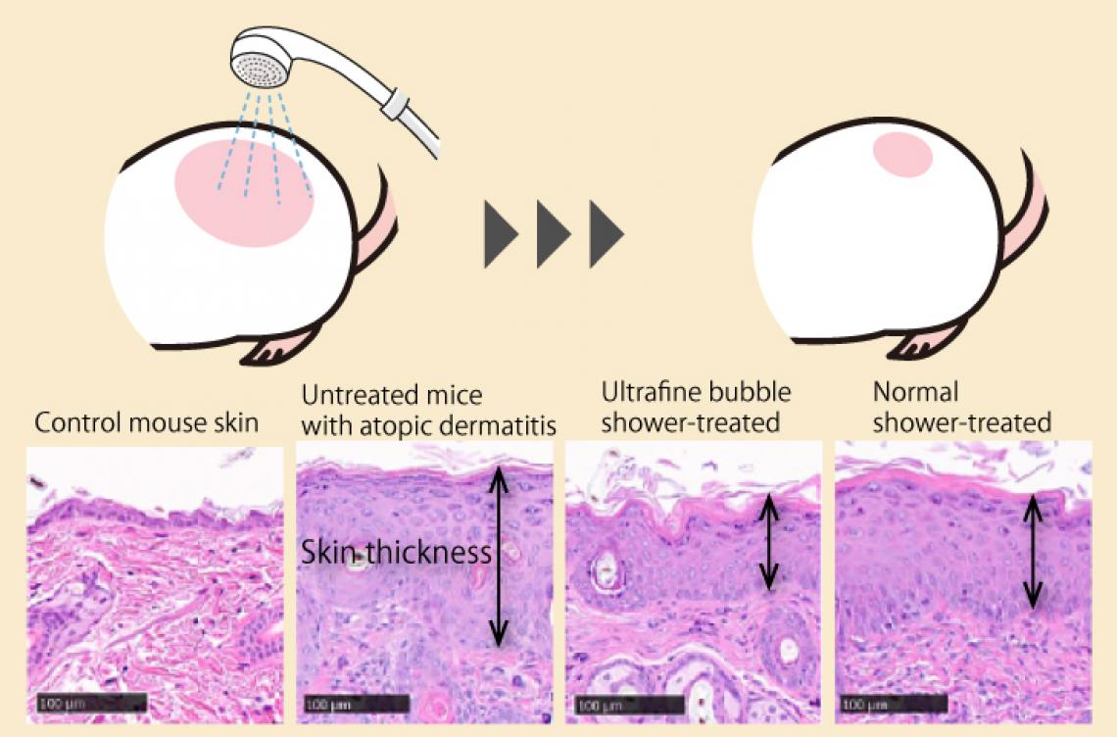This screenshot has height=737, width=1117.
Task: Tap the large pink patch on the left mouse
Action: click(244, 193)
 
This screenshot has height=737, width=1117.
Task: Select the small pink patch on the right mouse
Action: click(902, 155)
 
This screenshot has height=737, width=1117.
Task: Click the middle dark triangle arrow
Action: click(554, 234)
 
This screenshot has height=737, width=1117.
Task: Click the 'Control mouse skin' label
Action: click(146, 422)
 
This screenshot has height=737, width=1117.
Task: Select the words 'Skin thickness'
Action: click(396, 552)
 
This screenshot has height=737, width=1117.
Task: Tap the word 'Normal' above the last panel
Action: click(915, 392)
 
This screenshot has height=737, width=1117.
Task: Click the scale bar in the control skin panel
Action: click(91, 704)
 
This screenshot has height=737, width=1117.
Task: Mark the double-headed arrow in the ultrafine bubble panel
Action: click(768, 542)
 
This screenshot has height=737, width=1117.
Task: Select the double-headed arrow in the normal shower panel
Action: click(1033, 553)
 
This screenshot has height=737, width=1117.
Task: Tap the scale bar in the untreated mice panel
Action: click(356, 705)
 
